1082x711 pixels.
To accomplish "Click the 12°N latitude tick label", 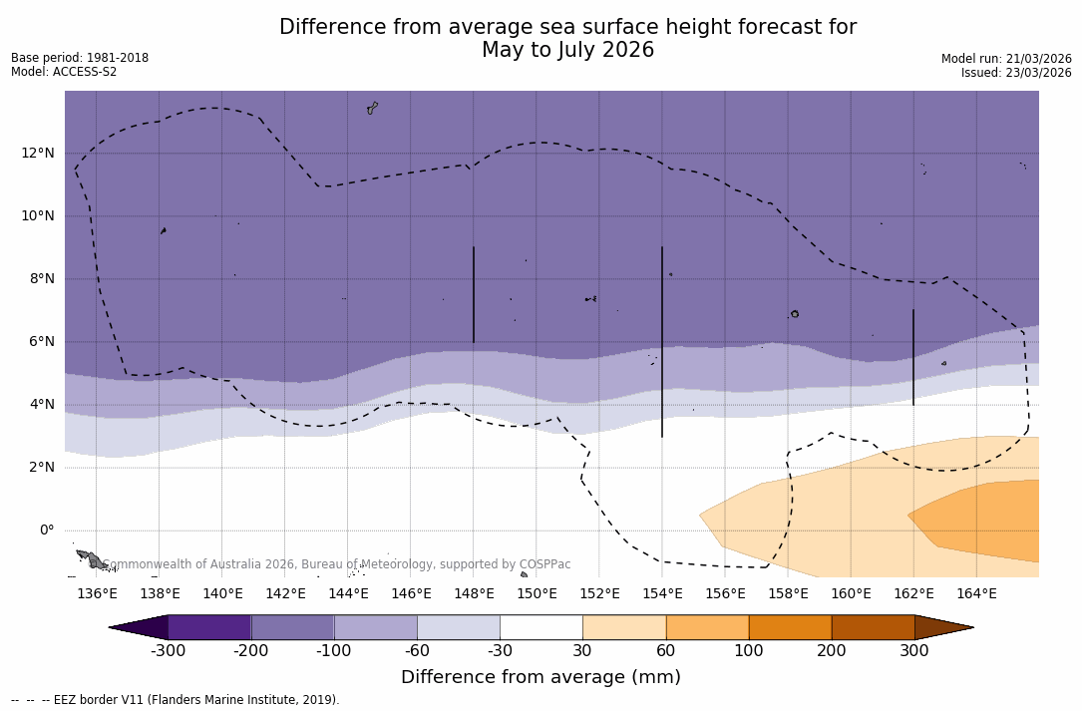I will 38,153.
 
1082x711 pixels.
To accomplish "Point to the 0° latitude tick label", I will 46,531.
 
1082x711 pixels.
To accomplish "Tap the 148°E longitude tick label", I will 474,593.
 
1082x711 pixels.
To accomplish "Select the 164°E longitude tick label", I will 976,593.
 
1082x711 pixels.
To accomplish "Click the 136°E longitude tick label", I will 97,593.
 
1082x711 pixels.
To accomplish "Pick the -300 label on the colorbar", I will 168,651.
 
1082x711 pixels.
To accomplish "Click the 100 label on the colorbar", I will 748,651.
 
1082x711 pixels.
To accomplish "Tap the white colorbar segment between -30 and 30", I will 541,627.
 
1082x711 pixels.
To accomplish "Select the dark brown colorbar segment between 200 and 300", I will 873,627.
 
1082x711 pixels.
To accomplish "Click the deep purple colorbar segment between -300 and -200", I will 209,627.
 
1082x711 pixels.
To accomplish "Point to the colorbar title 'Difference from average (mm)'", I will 541,677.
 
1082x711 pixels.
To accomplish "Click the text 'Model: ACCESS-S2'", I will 64,72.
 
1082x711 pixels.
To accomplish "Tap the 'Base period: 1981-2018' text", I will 80,58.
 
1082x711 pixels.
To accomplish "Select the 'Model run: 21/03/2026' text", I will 1006,59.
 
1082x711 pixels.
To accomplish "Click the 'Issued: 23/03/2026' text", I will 1016,73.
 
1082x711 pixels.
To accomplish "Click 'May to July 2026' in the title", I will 567,50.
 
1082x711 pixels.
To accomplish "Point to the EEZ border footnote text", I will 175,700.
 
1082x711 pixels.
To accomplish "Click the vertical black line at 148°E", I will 474,294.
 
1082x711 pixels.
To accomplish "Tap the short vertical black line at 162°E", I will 913,357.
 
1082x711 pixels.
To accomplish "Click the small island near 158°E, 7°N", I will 795,314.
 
